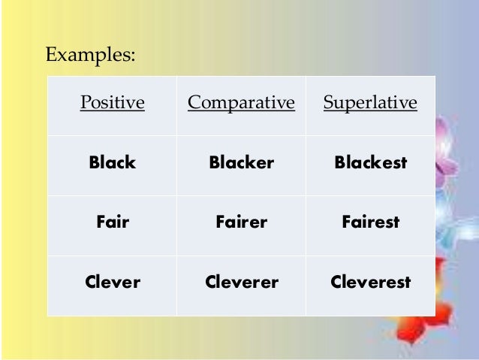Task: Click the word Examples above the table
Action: pos(90,55)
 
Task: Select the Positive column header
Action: pos(112,103)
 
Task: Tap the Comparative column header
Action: pos(241,103)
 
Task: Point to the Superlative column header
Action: pos(370,103)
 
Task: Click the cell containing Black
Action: pos(112,162)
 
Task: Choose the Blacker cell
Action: pos(241,162)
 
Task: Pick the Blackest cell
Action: pos(370,162)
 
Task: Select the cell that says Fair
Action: pos(113,222)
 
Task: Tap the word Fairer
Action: pos(241,222)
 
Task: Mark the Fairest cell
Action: pos(370,222)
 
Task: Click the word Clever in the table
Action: pos(113,283)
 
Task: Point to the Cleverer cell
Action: pos(241,283)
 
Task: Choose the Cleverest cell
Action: pos(370,283)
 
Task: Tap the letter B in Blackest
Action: pos(339,162)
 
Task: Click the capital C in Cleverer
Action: pos(210,283)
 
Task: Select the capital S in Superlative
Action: pos(328,103)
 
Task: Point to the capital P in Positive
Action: pos(85,103)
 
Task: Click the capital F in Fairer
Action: pos(220,222)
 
